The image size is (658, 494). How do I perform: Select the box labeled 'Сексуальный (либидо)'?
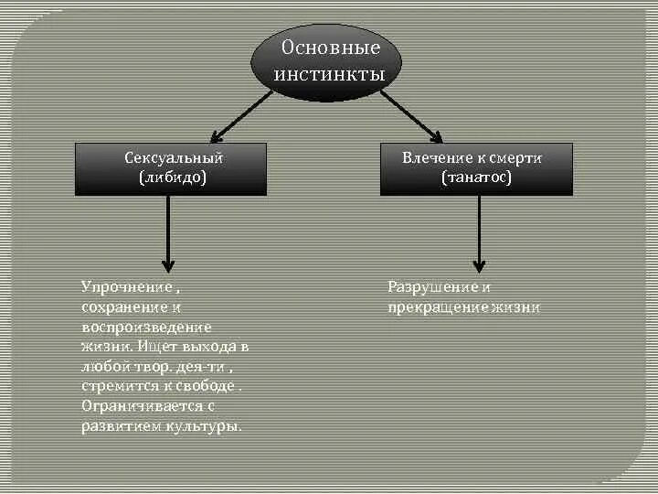pyautogui.click(x=171, y=168)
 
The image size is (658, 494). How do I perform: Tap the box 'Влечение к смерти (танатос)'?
pyautogui.click(x=476, y=168)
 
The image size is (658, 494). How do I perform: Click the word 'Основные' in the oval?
pyautogui.click(x=329, y=48)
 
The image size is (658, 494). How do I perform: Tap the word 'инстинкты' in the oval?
pyautogui.click(x=329, y=74)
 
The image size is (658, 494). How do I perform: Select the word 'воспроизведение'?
pyautogui.click(x=146, y=327)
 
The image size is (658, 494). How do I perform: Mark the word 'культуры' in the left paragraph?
pyautogui.click(x=211, y=427)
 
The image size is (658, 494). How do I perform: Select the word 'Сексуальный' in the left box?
pyautogui.click(x=173, y=158)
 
